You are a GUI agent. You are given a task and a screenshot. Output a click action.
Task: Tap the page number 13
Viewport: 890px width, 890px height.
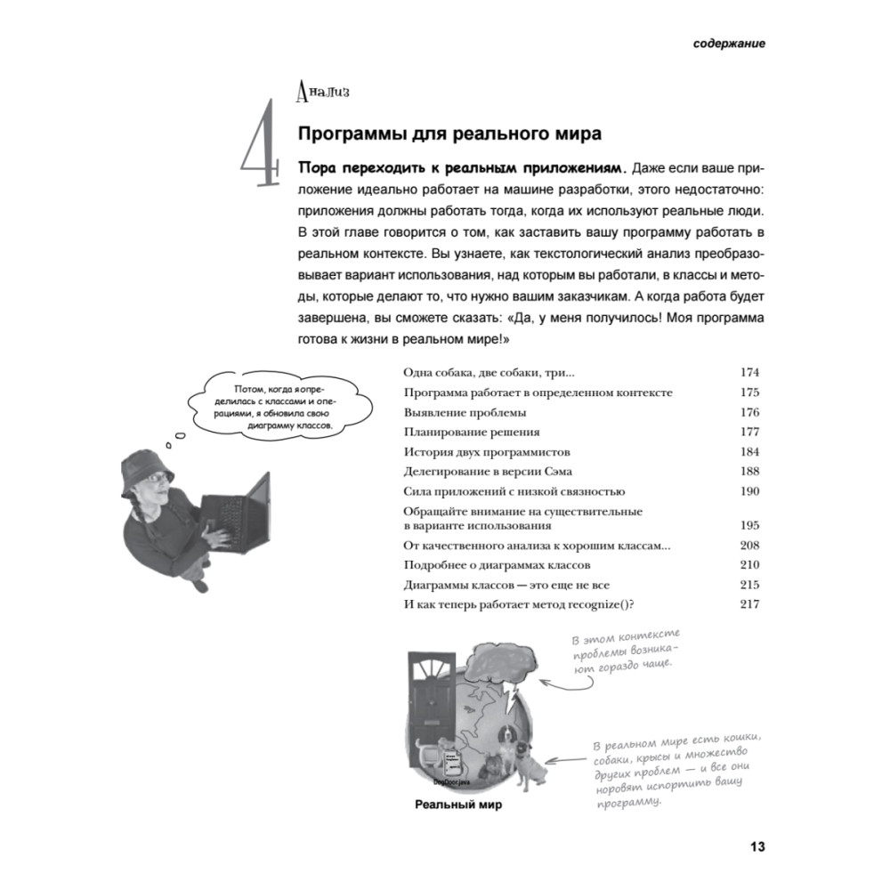click(756, 846)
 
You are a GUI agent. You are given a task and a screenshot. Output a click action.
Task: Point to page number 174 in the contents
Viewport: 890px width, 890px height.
click(749, 372)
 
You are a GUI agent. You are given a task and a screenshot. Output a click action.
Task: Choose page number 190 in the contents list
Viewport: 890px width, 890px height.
click(749, 491)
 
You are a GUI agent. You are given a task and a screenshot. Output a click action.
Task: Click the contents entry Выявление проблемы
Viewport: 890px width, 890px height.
click(465, 412)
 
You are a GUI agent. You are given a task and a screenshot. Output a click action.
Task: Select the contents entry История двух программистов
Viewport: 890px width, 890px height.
click(486, 451)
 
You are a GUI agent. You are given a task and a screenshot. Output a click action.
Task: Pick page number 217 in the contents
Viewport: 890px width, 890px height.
click(749, 605)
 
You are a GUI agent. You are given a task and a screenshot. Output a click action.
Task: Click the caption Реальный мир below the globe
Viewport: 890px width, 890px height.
click(459, 807)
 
